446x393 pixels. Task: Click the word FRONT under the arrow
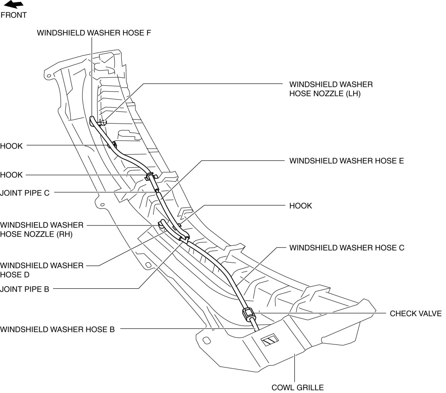click(x=14, y=15)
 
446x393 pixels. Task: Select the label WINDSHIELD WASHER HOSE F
click(x=94, y=33)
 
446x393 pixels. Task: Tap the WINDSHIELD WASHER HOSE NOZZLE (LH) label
click(x=331, y=89)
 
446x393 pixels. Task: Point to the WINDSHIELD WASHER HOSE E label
click(x=346, y=161)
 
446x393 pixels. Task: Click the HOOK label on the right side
click(x=301, y=206)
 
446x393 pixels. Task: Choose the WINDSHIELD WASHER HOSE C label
click(x=347, y=248)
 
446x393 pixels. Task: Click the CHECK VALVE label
click(x=415, y=313)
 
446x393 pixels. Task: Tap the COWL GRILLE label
click(x=297, y=387)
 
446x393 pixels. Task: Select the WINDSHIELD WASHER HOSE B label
click(x=57, y=329)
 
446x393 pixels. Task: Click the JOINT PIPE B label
click(x=25, y=289)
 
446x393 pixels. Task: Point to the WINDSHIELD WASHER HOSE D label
click(x=42, y=270)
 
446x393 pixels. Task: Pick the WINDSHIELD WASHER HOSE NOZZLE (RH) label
click(x=42, y=230)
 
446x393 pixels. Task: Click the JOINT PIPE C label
click(x=25, y=193)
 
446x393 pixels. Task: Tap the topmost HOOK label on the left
click(x=11, y=146)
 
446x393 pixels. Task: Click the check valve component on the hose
click(x=249, y=314)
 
